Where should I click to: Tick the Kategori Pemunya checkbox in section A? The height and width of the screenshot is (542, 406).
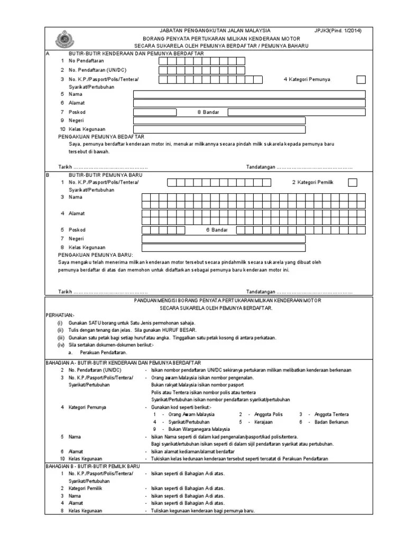(x=361, y=79)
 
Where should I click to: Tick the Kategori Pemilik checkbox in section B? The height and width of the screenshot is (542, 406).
(x=353, y=183)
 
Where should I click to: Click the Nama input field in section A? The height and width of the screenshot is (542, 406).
(x=248, y=94)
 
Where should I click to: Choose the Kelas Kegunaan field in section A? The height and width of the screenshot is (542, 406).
(x=219, y=129)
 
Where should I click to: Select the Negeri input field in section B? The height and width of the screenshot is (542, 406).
(x=224, y=239)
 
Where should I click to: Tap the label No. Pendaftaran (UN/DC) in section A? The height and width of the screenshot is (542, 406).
(x=98, y=70)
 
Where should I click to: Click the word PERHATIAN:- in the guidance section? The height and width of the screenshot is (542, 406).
(x=60, y=314)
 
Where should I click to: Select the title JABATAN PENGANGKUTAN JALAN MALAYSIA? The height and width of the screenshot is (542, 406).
(x=215, y=31)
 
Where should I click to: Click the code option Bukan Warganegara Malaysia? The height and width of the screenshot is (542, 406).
(x=199, y=429)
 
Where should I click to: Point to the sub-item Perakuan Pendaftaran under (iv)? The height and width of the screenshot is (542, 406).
(x=103, y=352)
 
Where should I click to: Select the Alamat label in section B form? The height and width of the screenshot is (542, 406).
(x=77, y=213)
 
